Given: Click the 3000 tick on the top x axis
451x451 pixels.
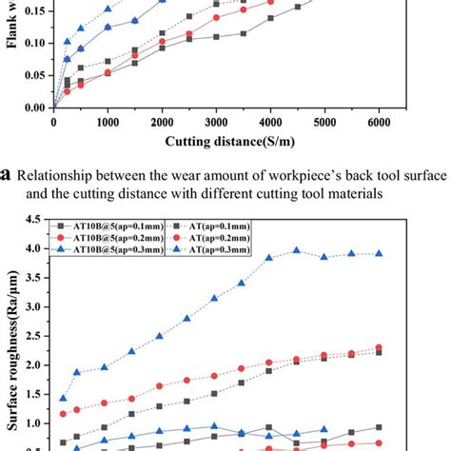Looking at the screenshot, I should click(217, 123).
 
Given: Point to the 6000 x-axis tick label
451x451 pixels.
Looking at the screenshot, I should click(379, 123).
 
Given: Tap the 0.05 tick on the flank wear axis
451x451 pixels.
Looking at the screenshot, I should click(35, 76).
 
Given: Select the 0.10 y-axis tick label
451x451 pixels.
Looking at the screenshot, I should click(35, 44).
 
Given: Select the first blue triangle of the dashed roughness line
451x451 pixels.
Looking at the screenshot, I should click(64, 399).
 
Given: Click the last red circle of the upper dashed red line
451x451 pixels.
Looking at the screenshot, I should click(379, 347).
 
